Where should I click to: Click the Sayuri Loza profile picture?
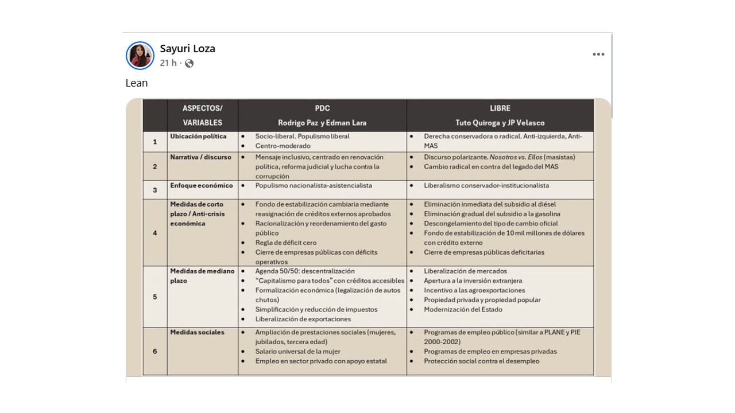point(140,56)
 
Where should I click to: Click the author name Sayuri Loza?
point(187,49)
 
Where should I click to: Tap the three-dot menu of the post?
point(598,54)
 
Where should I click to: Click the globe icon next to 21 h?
point(189,63)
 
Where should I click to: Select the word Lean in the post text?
point(137,83)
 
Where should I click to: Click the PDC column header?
point(322,108)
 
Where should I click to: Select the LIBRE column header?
point(500,108)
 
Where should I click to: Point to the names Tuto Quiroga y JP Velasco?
point(500,123)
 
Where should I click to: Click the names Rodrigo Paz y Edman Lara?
point(322,123)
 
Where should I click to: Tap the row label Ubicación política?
point(198,137)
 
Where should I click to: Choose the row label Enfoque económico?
point(201,186)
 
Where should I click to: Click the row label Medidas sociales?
point(197,332)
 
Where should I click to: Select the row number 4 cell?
point(155,233)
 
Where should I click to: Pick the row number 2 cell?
point(155,166)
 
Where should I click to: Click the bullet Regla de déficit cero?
point(286,243)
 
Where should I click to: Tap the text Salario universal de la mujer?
point(297,352)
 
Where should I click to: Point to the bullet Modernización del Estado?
point(463,310)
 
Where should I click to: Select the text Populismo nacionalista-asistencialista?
point(314,186)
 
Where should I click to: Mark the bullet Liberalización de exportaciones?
point(303,320)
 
